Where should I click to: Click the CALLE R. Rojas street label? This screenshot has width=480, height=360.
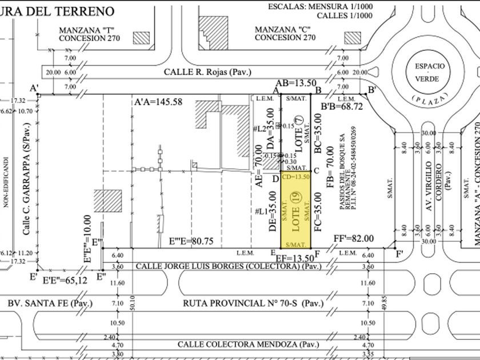click(207, 73)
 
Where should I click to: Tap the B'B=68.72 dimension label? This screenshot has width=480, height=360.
click(342, 106)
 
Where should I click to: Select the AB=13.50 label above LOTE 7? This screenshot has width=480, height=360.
click(296, 83)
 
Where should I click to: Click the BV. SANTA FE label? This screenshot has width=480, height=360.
click(50, 303)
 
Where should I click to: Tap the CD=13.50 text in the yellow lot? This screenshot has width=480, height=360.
click(296, 177)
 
